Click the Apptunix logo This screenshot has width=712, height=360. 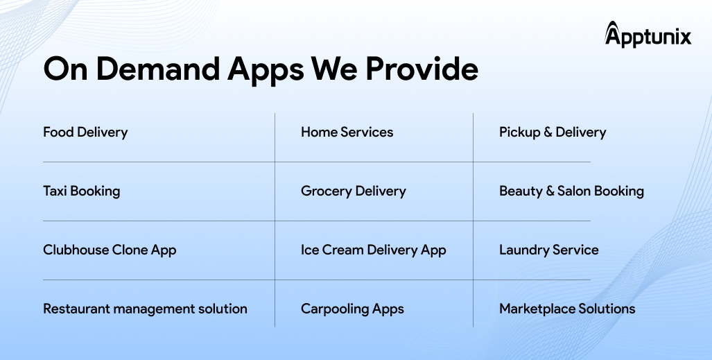coord(648,35)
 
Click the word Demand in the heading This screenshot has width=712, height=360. coord(157,69)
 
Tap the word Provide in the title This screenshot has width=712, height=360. coord(422,69)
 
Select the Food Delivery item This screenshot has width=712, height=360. coord(85,132)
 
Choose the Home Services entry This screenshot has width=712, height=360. coord(347,132)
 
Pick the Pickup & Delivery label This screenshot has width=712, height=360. coord(553,132)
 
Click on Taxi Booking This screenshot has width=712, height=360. coord(82,191)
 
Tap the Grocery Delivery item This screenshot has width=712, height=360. coord(354,191)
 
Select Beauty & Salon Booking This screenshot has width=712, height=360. coord(572,191)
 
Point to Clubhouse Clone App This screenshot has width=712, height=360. coord(110,250)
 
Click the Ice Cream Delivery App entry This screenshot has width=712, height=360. coord(373,250)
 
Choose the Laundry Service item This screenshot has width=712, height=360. coord(549,250)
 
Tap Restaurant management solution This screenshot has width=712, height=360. coord(146,309)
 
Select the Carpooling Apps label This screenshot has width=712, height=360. coord(352,309)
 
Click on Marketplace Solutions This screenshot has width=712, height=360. coord(567,309)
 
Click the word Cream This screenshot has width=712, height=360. coord(343,250)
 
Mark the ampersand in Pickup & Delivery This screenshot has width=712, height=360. coord(548,132)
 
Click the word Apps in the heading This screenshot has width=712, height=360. coord(266,70)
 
